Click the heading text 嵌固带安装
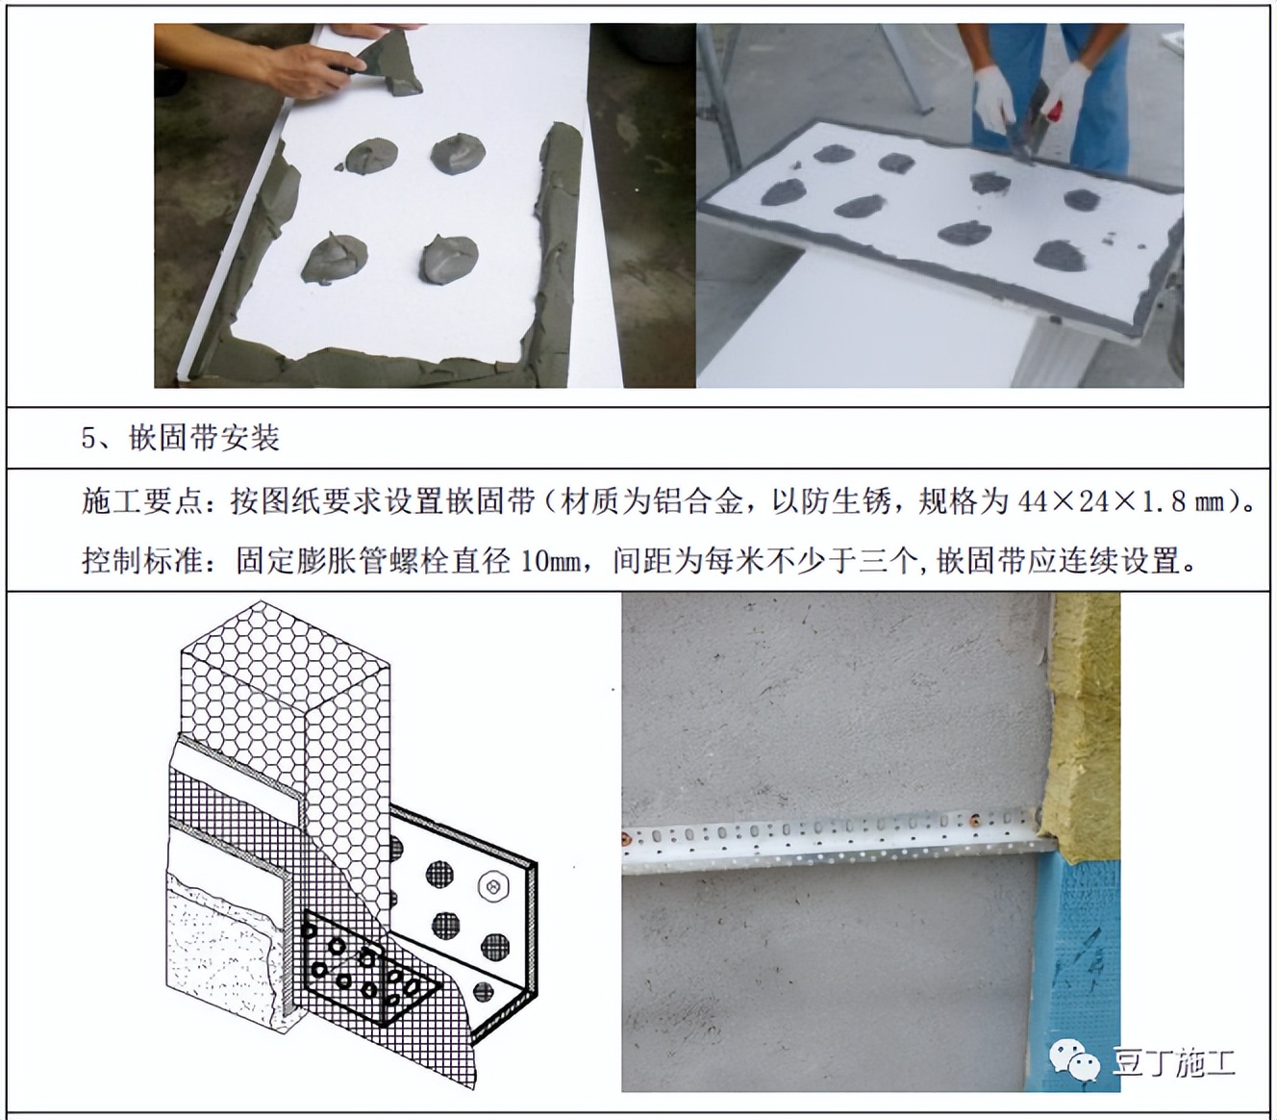[204, 439]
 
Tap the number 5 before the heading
[89, 439]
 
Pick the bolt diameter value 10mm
[551, 559]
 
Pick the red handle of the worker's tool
[1055, 107]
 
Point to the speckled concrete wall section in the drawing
[226, 953]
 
